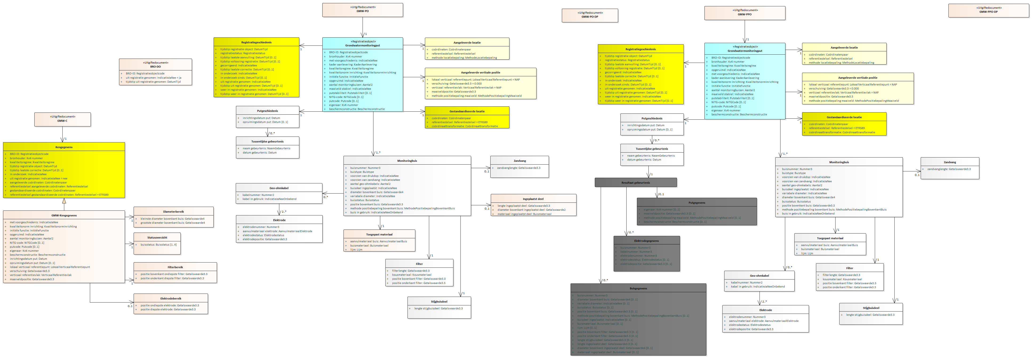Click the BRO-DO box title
click(155, 66)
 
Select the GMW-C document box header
click(62, 119)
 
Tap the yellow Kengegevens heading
click(64, 147)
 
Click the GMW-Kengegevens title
click(64, 215)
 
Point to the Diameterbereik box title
click(173, 212)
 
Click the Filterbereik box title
click(175, 267)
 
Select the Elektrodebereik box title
click(171, 299)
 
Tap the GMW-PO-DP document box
click(590, 15)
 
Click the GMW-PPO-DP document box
click(988, 10)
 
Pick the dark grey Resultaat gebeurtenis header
click(636, 183)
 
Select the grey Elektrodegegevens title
click(646, 241)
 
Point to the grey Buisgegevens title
click(638, 288)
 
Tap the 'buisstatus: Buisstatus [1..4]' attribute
click(158, 245)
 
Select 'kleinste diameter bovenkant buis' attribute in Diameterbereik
click(172, 219)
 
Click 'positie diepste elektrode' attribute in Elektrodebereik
click(168, 309)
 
